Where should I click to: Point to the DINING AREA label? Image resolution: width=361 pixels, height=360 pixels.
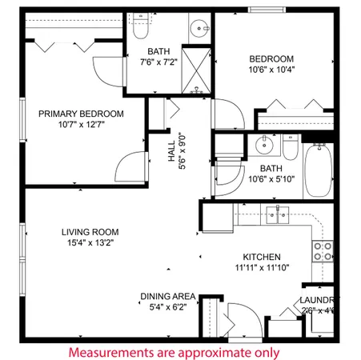tap(167, 295)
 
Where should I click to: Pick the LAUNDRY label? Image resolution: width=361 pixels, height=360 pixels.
tap(317, 300)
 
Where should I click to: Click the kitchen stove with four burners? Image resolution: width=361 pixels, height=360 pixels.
tap(323, 250)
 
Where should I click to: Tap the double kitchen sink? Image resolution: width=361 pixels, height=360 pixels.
tap(278, 214)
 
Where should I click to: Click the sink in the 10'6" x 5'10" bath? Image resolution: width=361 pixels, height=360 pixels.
tap(262, 146)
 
